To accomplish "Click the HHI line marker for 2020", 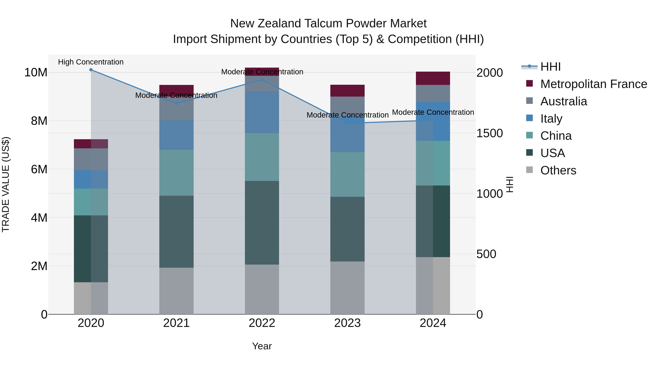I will coord(91,70).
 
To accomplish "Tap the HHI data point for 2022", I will coord(262,80).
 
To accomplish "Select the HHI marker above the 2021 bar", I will coord(176,103).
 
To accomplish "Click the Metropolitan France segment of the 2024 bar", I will coord(433,78).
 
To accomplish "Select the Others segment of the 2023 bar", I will coord(347,288).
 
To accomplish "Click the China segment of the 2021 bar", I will coord(176,173).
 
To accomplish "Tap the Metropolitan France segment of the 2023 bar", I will coord(347,91).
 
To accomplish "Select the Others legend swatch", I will coord(529,170).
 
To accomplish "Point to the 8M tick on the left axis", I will coord(39,121).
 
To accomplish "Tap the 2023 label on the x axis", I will coord(347,323).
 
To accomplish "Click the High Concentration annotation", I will coord(91,62).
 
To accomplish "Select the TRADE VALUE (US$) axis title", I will coord(6,184).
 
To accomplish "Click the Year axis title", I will coord(262,346).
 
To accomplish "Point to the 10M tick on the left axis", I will coord(36,73).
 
